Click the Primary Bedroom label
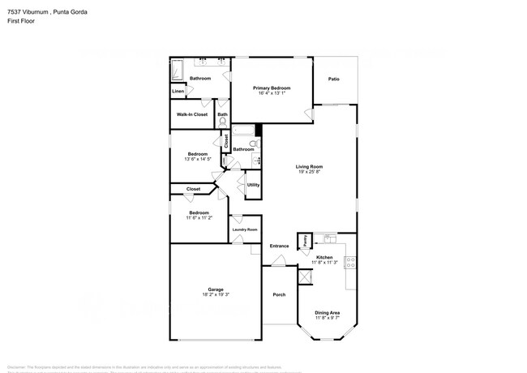click(x=272, y=88)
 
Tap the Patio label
click(x=333, y=79)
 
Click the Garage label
click(x=215, y=289)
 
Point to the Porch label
click(x=279, y=294)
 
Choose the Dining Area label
click(x=327, y=312)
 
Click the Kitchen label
click(x=324, y=257)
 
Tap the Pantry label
click(x=305, y=240)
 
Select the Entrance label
click(x=279, y=246)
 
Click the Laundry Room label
click(x=245, y=230)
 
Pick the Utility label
click(x=253, y=185)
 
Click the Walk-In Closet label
click(x=192, y=114)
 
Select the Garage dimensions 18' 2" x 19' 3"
click(x=215, y=296)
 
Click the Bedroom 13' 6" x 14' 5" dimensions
click(x=198, y=160)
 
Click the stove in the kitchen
click(x=350, y=263)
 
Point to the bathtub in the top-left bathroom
click(x=178, y=71)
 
